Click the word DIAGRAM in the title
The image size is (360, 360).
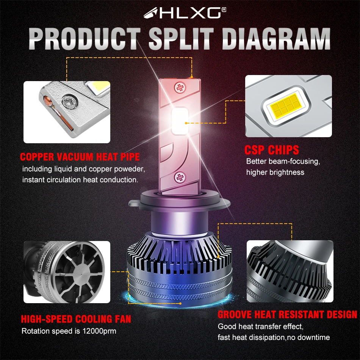(276, 39)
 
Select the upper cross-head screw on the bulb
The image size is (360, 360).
(180, 88)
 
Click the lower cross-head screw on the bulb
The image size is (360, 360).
(180, 177)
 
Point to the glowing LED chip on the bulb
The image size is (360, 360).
(180, 121)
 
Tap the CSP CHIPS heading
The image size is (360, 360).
(272, 150)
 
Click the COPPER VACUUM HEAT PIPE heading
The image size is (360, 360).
(80, 157)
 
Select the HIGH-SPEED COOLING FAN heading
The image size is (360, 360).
(76, 319)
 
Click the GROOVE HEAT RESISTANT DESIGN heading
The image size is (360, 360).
(287, 314)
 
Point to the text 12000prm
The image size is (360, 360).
(99, 331)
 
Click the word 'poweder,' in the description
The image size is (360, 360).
(130, 169)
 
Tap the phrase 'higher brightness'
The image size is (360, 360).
(275, 172)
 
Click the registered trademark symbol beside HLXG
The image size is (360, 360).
(224, 9)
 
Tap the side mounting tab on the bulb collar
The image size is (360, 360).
(134, 203)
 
